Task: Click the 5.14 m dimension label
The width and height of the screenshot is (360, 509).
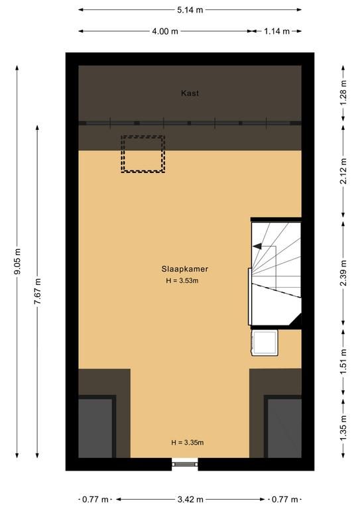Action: (x=190, y=10)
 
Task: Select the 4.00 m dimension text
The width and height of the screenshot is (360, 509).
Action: (x=165, y=32)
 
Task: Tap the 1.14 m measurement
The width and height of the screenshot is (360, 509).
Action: (x=276, y=32)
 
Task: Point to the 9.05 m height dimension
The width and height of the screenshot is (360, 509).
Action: (x=17, y=261)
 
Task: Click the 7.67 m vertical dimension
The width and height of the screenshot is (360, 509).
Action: (x=38, y=291)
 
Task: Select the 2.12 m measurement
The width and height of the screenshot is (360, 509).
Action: (x=343, y=171)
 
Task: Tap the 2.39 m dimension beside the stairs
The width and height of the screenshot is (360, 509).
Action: (x=343, y=273)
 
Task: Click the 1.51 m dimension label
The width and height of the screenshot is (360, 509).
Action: (x=343, y=362)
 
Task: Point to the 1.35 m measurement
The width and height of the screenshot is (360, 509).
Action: (x=343, y=428)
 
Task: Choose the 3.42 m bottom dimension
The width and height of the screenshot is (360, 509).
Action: (x=190, y=499)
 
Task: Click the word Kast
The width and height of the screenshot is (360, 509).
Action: (x=190, y=93)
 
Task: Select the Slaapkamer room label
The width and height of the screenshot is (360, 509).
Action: (x=185, y=269)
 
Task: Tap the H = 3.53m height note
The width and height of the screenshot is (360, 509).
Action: (x=182, y=280)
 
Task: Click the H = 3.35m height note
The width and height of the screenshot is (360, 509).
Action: (x=188, y=443)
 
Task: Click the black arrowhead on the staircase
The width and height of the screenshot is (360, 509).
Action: (x=257, y=247)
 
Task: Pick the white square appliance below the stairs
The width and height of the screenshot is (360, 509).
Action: (x=265, y=343)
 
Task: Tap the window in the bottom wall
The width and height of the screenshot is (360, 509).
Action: (x=185, y=463)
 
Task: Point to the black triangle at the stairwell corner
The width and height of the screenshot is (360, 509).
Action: (x=296, y=319)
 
